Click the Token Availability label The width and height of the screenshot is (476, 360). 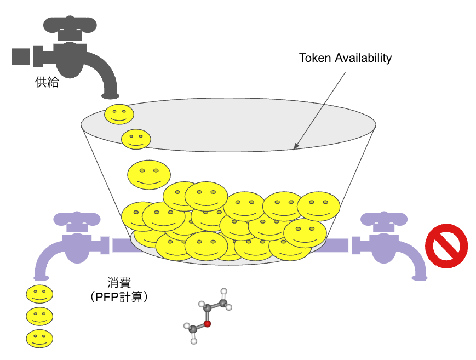point(345,58)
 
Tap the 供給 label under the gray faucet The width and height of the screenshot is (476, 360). point(47,84)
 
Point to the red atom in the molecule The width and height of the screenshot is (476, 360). point(208,323)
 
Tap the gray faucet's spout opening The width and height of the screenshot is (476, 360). point(112,96)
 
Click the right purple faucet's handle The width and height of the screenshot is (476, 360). point(384,218)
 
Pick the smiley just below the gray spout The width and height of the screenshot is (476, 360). point(119,114)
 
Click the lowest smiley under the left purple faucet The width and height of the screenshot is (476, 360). point(39,337)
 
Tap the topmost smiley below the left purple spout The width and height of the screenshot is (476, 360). point(39,294)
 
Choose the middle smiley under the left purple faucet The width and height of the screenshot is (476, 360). point(39,316)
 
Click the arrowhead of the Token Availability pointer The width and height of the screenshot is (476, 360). point(296,147)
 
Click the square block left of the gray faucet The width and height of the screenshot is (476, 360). point(21,56)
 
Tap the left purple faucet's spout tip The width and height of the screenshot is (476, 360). point(39,277)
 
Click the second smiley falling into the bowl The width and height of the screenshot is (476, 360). point(136,139)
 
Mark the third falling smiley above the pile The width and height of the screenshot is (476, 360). point(147,175)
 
